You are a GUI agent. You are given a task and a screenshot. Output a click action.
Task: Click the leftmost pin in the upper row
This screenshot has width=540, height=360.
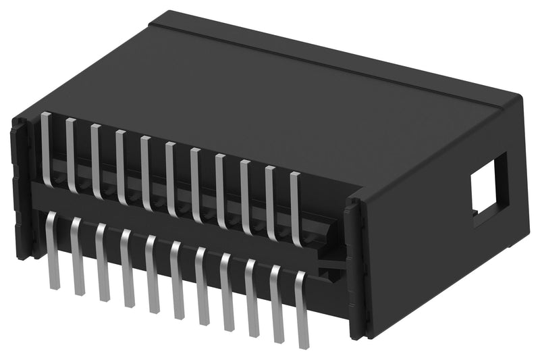tap(45, 149)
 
